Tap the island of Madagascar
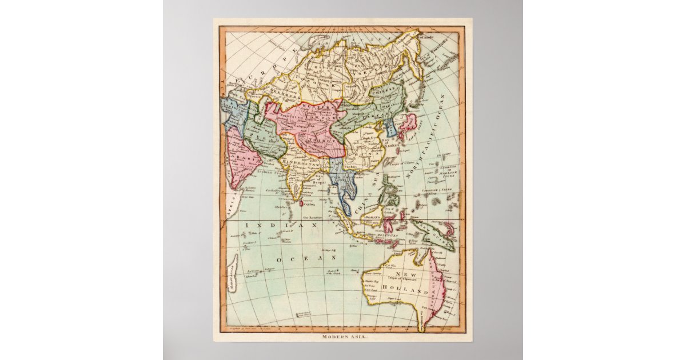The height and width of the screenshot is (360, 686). click(x=231, y=273)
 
